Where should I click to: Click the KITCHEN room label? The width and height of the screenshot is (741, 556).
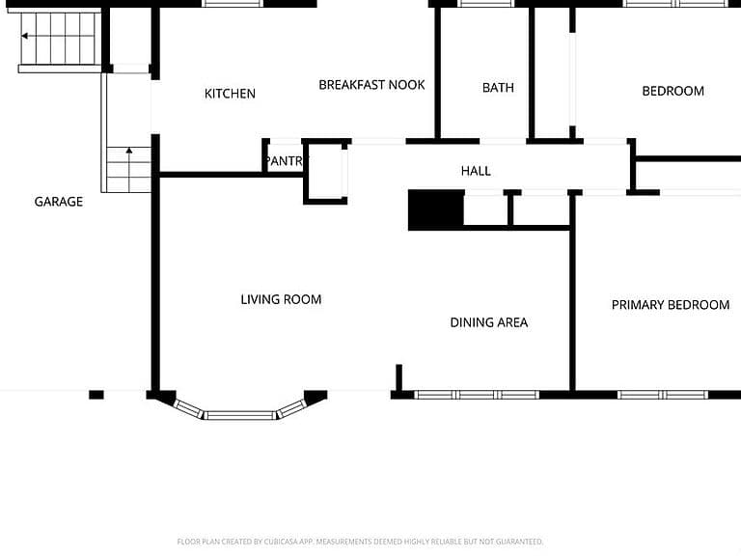pos(230,94)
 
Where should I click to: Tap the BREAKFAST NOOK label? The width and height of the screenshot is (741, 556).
pos(371,85)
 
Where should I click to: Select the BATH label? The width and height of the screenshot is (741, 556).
pos(498,88)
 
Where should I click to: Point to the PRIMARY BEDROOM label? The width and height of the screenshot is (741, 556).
pos(671,305)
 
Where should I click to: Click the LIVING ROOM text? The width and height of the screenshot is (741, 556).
pos(281,300)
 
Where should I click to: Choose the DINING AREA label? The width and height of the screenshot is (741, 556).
pos(488,322)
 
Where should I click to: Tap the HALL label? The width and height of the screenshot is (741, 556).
pos(476,171)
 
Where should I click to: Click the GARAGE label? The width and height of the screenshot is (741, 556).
pos(59,202)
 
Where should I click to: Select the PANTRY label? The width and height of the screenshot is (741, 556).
pos(286,161)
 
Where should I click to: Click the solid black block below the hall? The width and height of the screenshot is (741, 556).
pos(436,209)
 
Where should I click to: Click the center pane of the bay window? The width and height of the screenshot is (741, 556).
pos(239,416)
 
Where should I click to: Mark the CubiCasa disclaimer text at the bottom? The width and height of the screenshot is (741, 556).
pos(360,542)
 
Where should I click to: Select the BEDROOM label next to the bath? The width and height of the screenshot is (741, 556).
pos(672,92)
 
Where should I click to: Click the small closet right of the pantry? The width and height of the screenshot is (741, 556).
pos(326,172)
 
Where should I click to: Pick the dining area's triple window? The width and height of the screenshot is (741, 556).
pos(477,395)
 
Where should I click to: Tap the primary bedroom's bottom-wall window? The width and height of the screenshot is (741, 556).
pos(663,395)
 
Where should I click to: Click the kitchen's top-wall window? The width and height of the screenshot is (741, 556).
pos(233,3)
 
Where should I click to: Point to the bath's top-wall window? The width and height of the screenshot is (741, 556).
pos(486,3)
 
